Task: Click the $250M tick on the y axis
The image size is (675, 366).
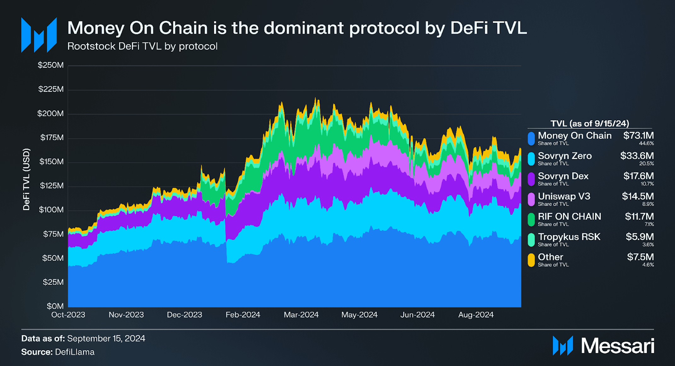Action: tap(51, 65)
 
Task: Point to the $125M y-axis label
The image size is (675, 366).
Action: tap(52, 186)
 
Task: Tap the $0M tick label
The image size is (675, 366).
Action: tap(55, 306)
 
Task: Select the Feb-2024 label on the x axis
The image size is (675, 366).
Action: tap(243, 315)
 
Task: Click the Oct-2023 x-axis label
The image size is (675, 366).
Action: tap(68, 315)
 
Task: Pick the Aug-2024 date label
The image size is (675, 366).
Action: tap(476, 315)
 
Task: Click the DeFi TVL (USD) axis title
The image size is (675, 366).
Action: tap(26, 179)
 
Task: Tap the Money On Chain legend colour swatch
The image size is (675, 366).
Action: tap(531, 139)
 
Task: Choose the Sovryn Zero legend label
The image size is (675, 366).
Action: tap(564, 156)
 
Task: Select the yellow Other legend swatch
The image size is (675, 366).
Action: tap(531, 260)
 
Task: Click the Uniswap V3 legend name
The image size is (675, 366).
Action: tap(564, 196)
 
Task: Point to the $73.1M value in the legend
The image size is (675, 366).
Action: tap(638, 136)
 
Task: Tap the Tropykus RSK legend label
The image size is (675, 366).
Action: tap(569, 237)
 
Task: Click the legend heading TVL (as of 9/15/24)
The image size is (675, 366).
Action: tap(590, 123)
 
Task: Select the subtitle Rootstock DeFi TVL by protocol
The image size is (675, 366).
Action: tap(142, 46)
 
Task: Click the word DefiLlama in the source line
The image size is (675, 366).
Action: tap(75, 352)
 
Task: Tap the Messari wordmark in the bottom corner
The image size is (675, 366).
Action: tap(617, 346)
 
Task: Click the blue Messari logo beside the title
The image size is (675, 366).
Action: tap(39, 35)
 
